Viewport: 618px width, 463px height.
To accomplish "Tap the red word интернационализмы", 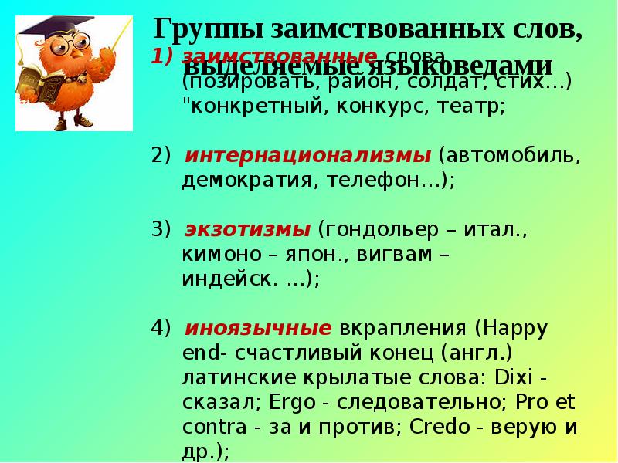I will coord(308,154).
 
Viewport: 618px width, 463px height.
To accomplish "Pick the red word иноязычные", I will coord(259,328).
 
